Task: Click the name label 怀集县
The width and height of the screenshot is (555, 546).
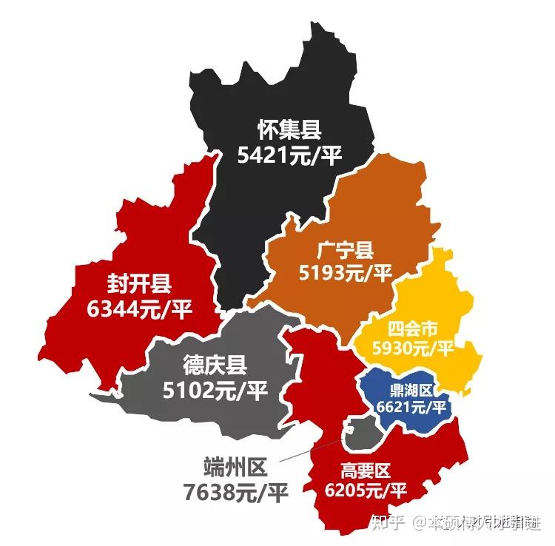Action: click(x=289, y=130)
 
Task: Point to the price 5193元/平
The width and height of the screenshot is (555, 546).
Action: click(x=345, y=274)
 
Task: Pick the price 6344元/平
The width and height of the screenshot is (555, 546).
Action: click(x=139, y=309)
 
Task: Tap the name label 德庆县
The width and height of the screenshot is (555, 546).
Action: click(x=215, y=365)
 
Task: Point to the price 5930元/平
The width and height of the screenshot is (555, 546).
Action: click(x=413, y=348)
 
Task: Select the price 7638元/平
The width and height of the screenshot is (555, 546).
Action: click(x=235, y=491)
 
